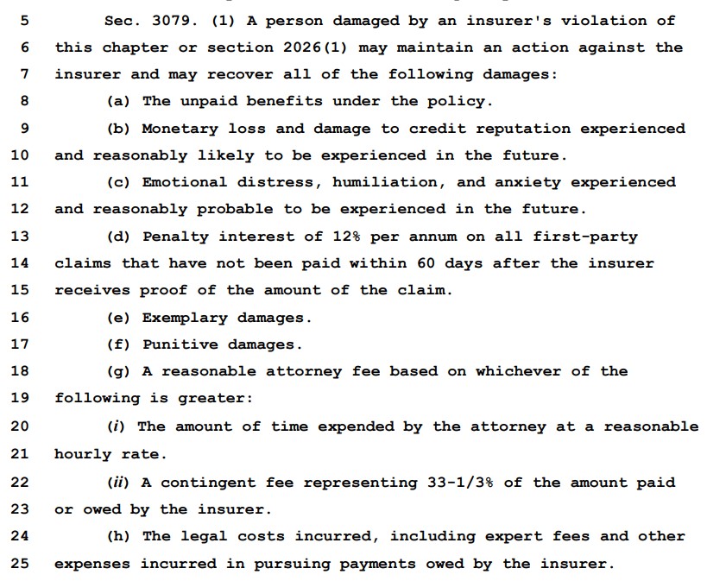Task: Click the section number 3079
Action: (x=167, y=20)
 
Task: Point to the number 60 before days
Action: (x=426, y=262)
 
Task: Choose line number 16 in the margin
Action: (x=19, y=317)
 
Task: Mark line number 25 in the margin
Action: (x=19, y=563)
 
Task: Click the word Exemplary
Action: (x=185, y=317)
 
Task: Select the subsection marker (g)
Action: (x=119, y=370)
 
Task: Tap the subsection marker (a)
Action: (x=119, y=101)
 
